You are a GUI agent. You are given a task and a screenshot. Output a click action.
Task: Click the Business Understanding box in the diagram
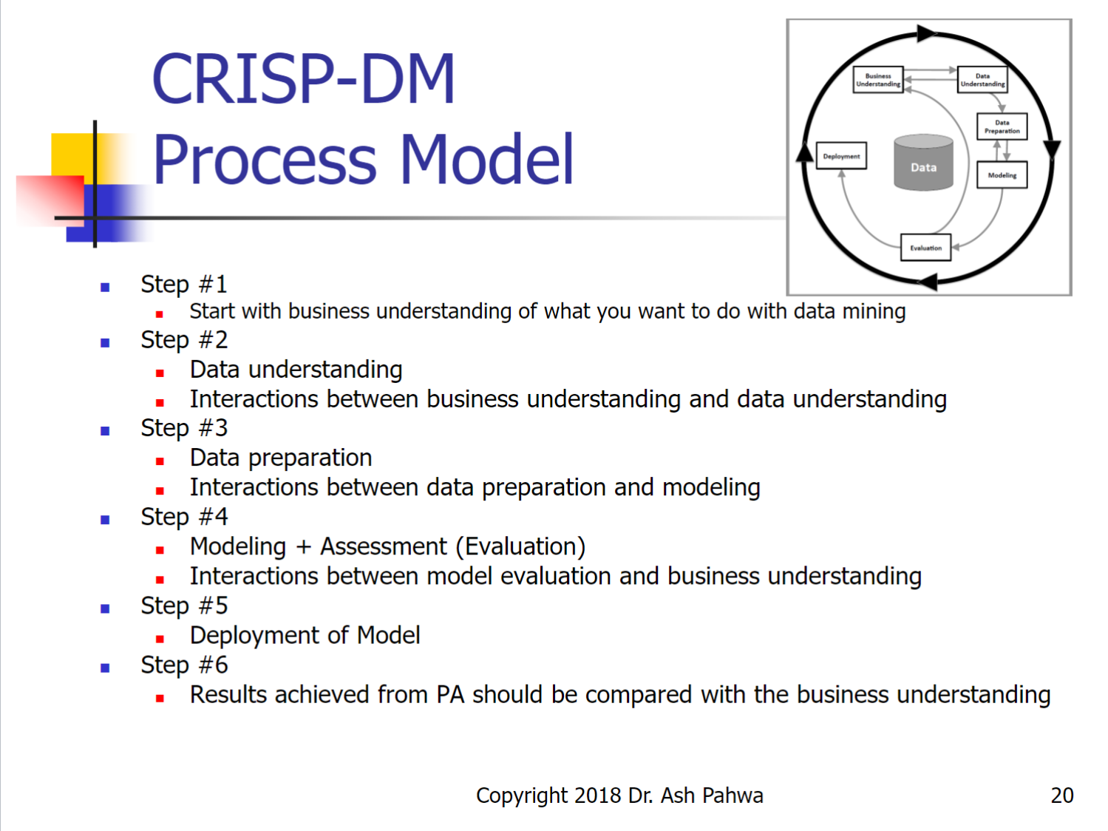pos(878,80)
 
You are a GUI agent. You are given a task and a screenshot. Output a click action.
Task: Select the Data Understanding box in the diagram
pos(982,80)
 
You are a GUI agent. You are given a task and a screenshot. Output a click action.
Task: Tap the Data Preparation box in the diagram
pos(1002,126)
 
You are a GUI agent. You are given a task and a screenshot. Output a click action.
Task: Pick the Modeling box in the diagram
pos(1002,175)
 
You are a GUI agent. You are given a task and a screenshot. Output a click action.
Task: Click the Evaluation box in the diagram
pos(925,248)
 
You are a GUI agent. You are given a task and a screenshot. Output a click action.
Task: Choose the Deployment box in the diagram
pos(841,156)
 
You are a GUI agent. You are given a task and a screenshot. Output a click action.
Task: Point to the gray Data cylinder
pos(923,163)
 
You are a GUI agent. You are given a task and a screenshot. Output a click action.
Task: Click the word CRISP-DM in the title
pos(303,79)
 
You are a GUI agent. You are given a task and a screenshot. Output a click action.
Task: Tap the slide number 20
pos(1061,795)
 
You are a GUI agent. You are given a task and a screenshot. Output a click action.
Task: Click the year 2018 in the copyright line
pos(597,796)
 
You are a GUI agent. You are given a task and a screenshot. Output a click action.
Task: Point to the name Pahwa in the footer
pos(733,796)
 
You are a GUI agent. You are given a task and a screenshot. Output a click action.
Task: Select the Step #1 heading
pos(184,284)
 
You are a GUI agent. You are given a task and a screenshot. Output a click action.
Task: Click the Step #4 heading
pos(184,517)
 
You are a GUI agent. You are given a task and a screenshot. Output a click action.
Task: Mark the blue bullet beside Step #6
pos(105,668)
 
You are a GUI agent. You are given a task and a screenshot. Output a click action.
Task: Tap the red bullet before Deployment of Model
pos(160,639)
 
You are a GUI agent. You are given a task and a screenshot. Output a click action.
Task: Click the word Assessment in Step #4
pos(384,546)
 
